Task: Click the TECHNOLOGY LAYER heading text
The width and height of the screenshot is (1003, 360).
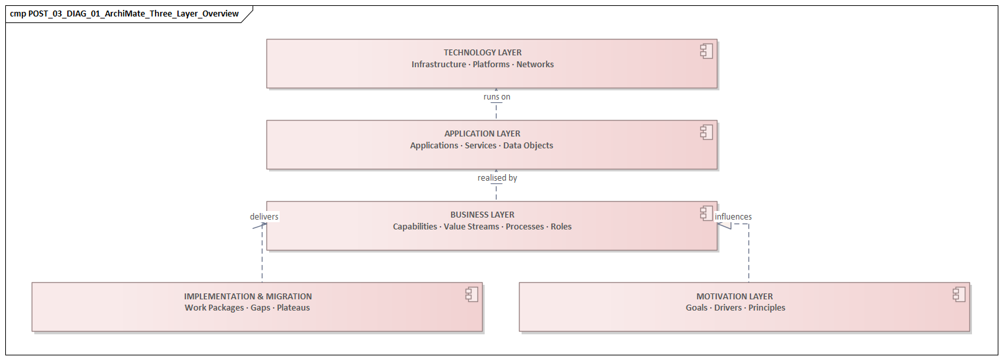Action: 482,53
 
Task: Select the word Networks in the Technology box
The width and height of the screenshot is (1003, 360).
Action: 535,65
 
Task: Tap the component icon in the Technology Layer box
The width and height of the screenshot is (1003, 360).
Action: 706,51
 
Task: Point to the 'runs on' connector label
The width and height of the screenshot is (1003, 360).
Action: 497,97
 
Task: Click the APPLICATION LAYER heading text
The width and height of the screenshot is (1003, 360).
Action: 482,134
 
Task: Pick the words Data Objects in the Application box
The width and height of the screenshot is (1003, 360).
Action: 528,146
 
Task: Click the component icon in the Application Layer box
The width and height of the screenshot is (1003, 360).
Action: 706,133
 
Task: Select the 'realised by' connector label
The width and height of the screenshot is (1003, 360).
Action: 497,178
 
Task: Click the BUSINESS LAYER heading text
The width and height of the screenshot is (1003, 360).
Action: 482,215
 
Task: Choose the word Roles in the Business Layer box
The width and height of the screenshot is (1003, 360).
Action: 561,227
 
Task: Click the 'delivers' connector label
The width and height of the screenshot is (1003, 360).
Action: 264,216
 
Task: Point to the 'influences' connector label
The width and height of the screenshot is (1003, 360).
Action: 733,216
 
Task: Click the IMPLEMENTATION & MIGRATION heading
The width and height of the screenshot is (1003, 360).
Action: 248,297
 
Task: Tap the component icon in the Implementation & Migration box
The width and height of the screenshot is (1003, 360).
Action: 471,295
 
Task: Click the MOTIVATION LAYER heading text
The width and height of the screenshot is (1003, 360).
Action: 734,297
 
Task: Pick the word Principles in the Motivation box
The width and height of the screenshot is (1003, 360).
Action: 766,308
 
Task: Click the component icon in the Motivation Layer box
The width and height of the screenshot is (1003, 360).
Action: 959,295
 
